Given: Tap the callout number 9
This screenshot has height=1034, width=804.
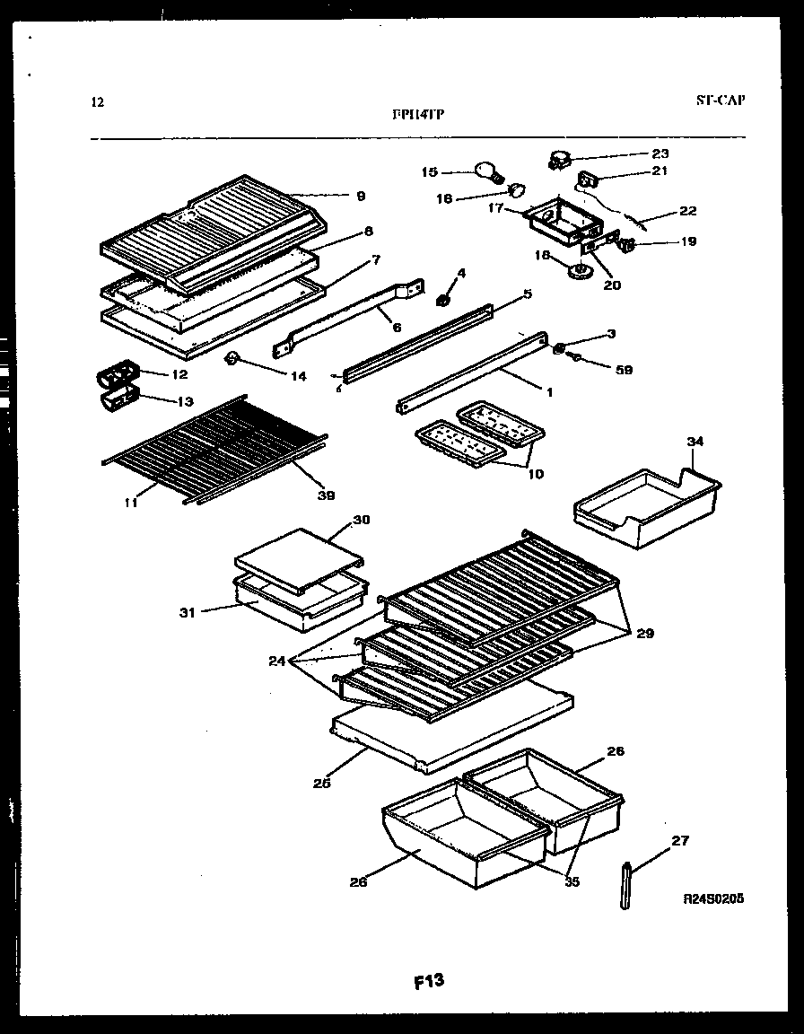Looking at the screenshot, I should pyautogui.click(x=360, y=196).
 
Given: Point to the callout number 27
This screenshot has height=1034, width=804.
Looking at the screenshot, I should pyautogui.click(x=680, y=841).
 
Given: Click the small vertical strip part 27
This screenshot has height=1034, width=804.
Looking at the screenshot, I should pyautogui.click(x=625, y=883).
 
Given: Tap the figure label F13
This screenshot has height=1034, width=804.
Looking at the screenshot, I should pyautogui.click(x=429, y=981).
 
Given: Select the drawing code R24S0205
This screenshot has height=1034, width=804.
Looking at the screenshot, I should pyautogui.click(x=713, y=898).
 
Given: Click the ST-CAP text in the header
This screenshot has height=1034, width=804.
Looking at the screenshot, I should pyautogui.click(x=719, y=101).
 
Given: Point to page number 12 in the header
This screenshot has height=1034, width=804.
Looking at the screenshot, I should pyautogui.click(x=98, y=102).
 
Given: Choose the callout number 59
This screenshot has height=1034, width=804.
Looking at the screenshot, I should pyautogui.click(x=623, y=369).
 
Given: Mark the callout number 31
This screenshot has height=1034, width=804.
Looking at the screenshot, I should pyautogui.click(x=187, y=613).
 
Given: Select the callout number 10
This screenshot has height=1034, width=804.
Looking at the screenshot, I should pyautogui.click(x=535, y=473).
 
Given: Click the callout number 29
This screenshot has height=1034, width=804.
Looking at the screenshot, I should pyautogui.click(x=644, y=633).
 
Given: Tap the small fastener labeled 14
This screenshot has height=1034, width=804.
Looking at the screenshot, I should pyautogui.click(x=232, y=359).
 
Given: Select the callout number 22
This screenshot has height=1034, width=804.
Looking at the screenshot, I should pyautogui.click(x=687, y=211).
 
